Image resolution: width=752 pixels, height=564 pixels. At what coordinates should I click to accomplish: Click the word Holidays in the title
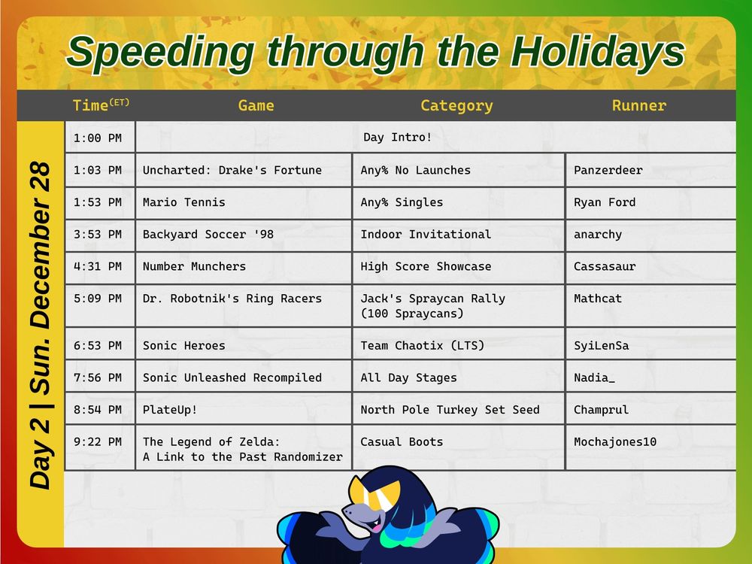pyautogui.click(x=597, y=53)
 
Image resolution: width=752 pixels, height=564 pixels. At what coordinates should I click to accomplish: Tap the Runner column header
pyautogui.click(x=638, y=105)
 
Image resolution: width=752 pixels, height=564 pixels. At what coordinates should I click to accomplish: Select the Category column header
pyautogui.click(x=456, y=106)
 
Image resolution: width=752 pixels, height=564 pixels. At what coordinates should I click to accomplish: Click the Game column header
pyautogui.click(x=256, y=105)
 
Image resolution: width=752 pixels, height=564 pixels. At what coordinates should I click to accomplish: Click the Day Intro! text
pyautogui.click(x=397, y=137)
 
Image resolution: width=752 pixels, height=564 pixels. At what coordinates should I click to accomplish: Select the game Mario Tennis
pyautogui.click(x=183, y=202)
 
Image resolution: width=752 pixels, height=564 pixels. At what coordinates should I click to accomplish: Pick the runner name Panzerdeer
pyautogui.click(x=608, y=170)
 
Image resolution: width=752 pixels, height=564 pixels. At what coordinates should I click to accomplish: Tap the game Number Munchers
pyautogui.click(x=194, y=267)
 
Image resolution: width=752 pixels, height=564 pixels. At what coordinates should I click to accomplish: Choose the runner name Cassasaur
pyautogui.click(x=605, y=267)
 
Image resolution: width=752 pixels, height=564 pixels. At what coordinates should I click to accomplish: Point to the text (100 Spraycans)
pyautogui.click(x=412, y=314)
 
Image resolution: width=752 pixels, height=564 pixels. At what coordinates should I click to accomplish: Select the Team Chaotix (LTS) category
pyautogui.click(x=423, y=346)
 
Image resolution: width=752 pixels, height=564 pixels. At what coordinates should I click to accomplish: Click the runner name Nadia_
pyautogui.click(x=594, y=378)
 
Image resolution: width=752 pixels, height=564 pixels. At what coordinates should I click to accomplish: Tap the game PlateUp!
pyautogui.click(x=170, y=410)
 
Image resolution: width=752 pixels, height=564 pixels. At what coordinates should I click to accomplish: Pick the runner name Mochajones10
pyautogui.click(x=615, y=442)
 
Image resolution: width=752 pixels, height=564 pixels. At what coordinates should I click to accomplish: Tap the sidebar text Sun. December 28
pyautogui.click(x=41, y=278)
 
